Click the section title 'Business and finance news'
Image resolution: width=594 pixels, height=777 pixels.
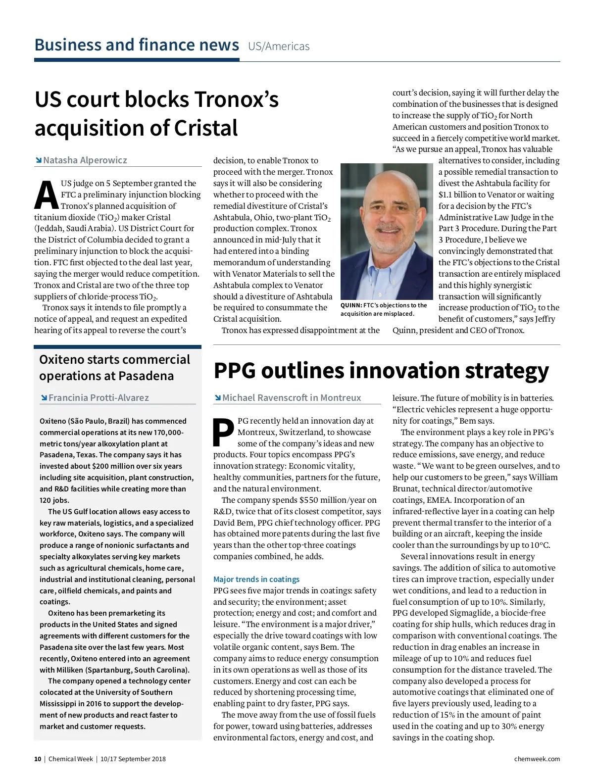coord(137,45)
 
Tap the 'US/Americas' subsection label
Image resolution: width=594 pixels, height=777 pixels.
coord(279,47)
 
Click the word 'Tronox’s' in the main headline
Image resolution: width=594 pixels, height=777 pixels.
coord(236,99)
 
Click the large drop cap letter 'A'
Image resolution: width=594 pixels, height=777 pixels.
coord(46,195)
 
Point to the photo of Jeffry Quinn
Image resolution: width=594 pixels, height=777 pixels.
coord(387,231)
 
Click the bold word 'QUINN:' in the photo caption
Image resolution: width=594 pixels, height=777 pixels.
coord(351,305)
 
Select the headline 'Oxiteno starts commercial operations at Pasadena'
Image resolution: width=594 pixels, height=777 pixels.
coord(114,368)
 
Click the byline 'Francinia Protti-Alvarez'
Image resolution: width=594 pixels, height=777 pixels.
coord(99,398)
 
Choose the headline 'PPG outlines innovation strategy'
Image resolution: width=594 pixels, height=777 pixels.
coord(381,371)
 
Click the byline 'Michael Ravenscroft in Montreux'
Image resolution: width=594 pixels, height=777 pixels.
coord(292,398)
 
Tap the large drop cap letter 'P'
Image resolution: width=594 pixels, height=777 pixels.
coord(224,433)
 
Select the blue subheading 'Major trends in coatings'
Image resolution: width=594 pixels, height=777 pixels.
coord(256,580)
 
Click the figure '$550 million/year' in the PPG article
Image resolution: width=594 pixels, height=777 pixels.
coord(324,500)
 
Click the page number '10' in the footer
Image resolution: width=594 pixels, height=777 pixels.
coord(38,759)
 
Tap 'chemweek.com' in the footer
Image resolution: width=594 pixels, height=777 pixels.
coord(537,759)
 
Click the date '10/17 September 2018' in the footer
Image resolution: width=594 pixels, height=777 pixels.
coord(133,759)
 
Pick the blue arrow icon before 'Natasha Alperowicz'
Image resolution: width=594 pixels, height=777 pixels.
coord(38,160)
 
